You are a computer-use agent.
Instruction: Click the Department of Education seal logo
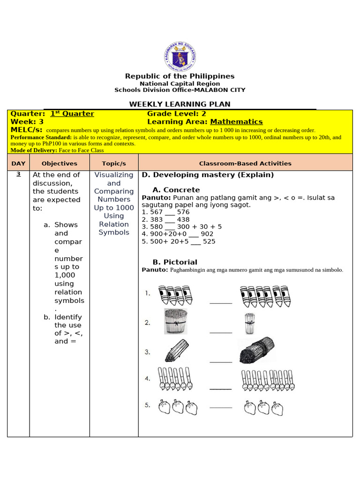[180, 56]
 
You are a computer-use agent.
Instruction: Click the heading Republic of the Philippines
[180, 76]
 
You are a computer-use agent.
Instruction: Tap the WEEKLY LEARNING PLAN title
[180, 104]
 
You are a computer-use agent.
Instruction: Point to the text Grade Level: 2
[177, 113]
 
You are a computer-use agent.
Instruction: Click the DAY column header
[18, 164]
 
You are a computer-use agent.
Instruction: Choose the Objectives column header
[60, 164]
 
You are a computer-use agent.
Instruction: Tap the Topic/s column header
[114, 164]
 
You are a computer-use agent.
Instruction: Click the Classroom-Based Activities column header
[245, 164]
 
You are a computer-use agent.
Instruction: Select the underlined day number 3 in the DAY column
[18, 174]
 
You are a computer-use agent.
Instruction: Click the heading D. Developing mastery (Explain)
[208, 175]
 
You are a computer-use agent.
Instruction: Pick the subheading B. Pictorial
[175, 262]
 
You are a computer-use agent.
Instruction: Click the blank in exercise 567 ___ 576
[170, 213]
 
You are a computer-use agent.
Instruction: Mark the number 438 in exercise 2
[183, 219]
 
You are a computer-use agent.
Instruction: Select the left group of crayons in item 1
[175, 295]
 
